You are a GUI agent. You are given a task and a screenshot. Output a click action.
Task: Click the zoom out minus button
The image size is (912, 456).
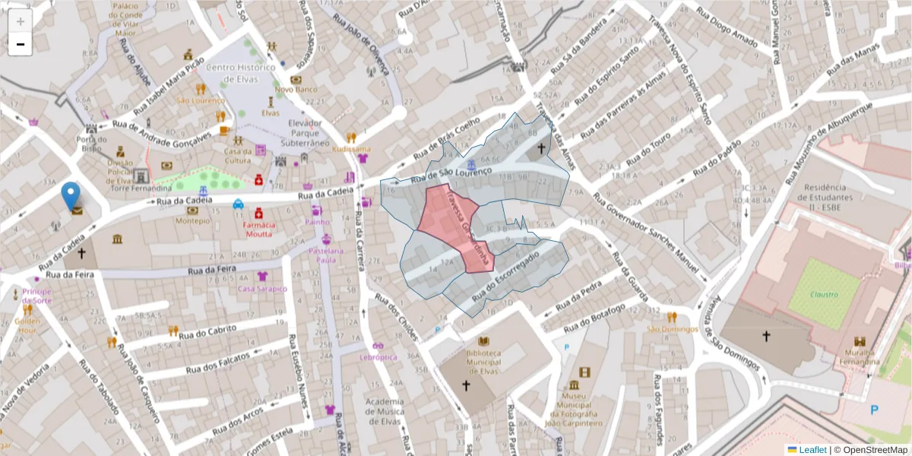tap(21, 44)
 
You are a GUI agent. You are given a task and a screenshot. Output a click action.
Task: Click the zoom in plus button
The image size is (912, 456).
tap(21, 21)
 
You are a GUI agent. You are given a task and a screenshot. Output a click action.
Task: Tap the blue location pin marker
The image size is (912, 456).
tap(71, 197)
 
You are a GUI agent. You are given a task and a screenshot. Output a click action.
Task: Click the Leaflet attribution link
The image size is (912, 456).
tap(812, 450)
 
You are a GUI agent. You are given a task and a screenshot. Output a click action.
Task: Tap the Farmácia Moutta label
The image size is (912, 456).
tap(258, 230)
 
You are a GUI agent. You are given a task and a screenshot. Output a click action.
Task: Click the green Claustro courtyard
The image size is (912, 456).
tap(823, 293)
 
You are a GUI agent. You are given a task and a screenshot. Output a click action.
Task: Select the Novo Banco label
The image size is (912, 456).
tap(296, 89)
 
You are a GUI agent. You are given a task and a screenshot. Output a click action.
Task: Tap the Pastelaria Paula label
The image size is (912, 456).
tap(326, 255)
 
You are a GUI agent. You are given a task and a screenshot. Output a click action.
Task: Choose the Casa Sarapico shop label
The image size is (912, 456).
tap(262, 289)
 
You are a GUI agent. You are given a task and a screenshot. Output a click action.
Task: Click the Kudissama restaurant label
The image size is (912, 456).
tap(351, 149)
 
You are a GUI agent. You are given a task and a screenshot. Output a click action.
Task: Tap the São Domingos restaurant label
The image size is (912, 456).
tap(672, 328)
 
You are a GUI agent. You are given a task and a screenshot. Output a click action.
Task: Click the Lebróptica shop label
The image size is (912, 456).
tap(378, 356)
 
